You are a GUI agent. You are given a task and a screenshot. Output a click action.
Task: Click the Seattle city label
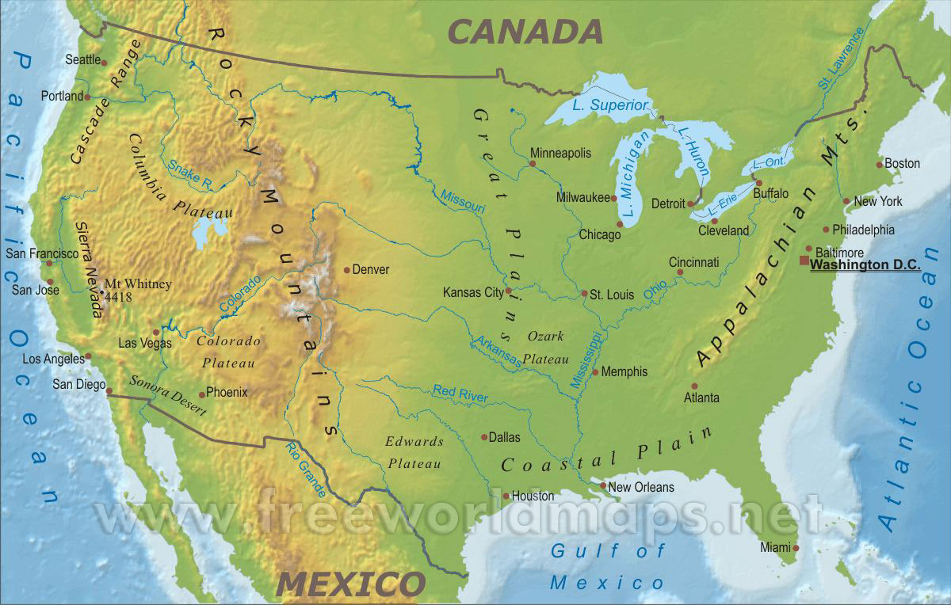83,59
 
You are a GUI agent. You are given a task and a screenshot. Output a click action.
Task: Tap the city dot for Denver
347,270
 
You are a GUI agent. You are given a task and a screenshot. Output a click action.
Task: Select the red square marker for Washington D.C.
804,261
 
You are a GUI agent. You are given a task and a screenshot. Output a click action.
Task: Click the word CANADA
525,32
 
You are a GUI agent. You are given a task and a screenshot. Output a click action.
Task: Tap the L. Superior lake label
610,105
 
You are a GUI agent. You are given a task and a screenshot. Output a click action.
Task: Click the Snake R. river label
190,174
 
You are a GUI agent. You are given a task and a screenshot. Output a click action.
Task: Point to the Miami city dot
796,547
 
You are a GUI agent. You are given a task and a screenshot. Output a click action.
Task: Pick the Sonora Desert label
167,396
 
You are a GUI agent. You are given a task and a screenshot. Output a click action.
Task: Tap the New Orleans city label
641,487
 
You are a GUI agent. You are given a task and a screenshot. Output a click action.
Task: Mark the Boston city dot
879,165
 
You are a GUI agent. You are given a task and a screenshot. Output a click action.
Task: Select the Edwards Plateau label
413,452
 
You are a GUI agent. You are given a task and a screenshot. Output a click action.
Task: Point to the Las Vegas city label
144,344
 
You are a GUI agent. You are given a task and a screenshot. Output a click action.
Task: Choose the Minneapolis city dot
533,164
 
